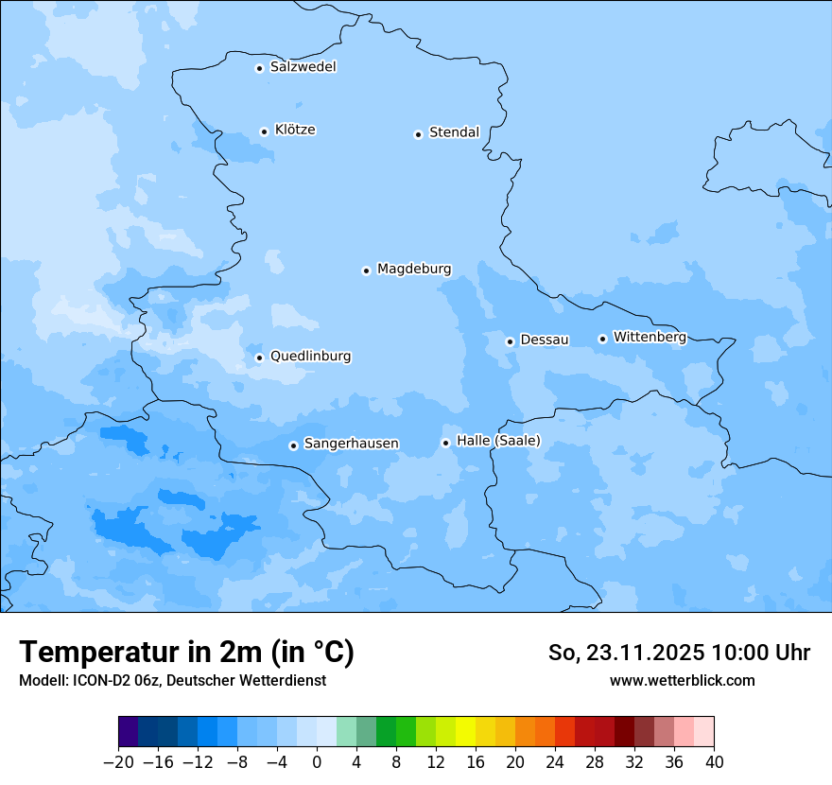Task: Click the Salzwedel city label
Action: pyautogui.click(x=303, y=67)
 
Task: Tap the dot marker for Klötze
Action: pyautogui.click(x=265, y=131)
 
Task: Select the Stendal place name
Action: pyautogui.click(x=454, y=132)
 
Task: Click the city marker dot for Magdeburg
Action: pyautogui.click(x=366, y=270)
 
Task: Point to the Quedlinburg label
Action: pyautogui.click(x=310, y=357)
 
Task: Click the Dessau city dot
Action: pyautogui.click(x=510, y=341)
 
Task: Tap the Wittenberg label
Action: pyautogui.click(x=650, y=337)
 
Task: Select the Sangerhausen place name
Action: pyautogui.click(x=351, y=444)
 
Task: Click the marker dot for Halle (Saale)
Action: pyautogui.click(x=445, y=443)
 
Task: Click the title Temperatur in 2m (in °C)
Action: pyautogui.click(x=186, y=653)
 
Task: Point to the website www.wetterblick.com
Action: pyautogui.click(x=682, y=680)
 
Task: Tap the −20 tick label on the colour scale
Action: pyautogui.click(x=118, y=761)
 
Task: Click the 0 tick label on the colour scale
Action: pyautogui.click(x=317, y=761)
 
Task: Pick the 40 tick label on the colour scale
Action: pyautogui.click(x=714, y=761)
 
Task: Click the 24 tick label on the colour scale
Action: pyautogui.click(x=555, y=761)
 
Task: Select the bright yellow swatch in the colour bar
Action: pyautogui.click(x=465, y=732)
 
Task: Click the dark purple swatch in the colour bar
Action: pyautogui.click(x=129, y=732)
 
